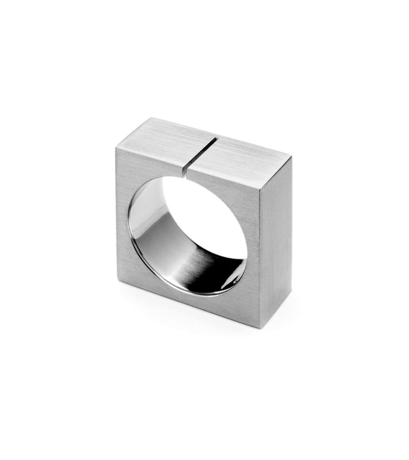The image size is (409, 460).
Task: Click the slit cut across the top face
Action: pos(199,151)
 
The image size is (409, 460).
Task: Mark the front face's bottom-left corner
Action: pos(118,280)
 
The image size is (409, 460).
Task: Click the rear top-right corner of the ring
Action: pos(291,157)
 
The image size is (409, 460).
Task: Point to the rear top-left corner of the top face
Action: pos(151,118)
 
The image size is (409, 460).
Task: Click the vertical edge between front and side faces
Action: pos(261,256)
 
